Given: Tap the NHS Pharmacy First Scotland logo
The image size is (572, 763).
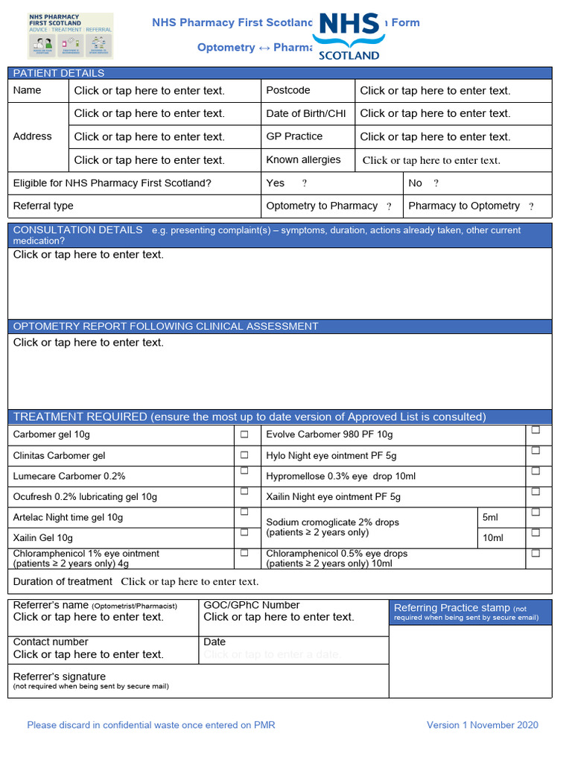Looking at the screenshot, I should click(70, 35).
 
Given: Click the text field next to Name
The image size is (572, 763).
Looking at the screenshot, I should click(150, 91).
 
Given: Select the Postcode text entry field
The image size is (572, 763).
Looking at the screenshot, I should click(435, 91).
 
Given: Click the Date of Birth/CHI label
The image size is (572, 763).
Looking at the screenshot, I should click(306, 114).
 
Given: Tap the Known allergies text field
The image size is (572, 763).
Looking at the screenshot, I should click(431, 160).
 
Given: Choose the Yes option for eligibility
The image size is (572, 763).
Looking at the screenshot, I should click(305, 183).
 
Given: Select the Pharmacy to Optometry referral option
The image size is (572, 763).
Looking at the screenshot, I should click(531, 206).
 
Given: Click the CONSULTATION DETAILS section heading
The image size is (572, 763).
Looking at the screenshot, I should click(78, 230).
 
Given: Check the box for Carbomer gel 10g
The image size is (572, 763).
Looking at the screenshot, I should click(244, 434).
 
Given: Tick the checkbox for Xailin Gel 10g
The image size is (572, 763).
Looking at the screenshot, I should click(244, 533).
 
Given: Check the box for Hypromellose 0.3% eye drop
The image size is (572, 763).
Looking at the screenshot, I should click(536, 472).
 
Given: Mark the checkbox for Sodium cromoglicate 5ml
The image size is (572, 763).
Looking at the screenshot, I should click(536, 513).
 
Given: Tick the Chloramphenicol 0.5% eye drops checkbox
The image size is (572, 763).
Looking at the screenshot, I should click(536, 554).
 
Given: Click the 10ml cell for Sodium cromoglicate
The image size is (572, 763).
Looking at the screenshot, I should click(493, 537).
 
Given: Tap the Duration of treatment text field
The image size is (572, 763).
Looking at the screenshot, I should click(190, 582).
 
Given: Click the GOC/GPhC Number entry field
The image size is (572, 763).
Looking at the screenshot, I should click(279, 617).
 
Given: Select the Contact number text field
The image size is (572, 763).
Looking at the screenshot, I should click(89, 654).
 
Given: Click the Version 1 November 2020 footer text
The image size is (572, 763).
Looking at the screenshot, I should click(482, 725).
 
